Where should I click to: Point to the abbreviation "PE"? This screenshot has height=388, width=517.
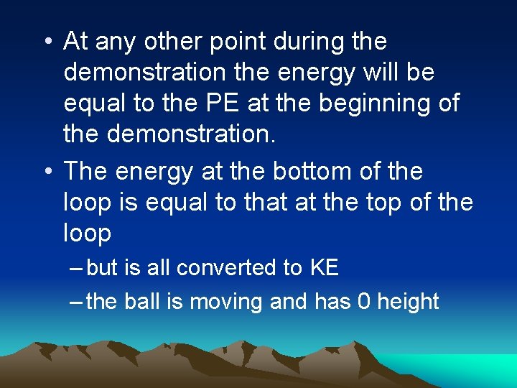coord(226,103)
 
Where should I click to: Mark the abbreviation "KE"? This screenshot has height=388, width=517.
coord(324,268)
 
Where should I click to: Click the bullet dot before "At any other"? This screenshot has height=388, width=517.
coord(47,43)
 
